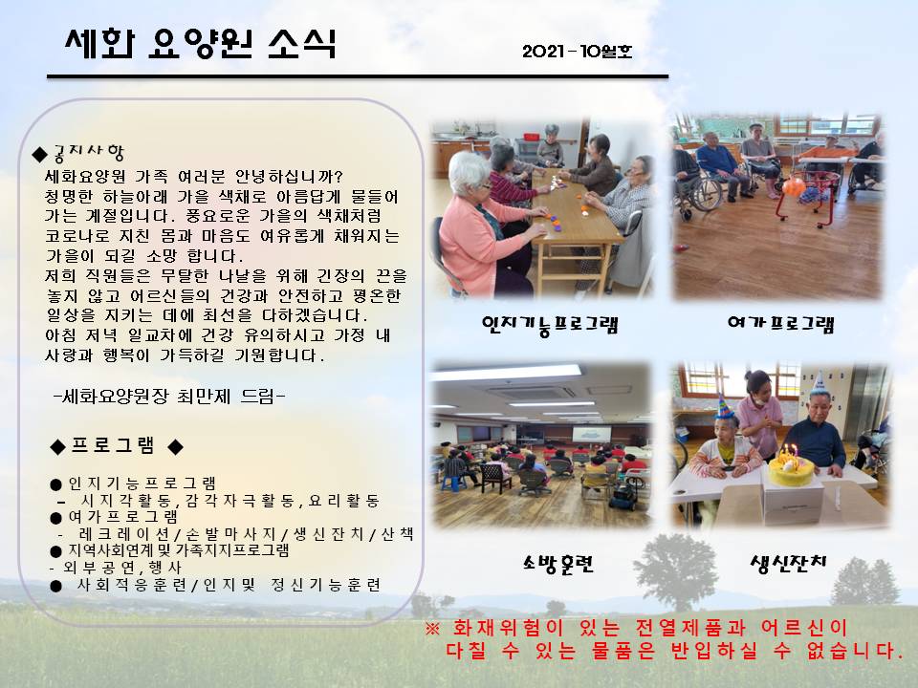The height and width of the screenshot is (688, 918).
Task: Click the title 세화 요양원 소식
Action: click(200, 44)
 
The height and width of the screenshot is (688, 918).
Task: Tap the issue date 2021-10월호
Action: click(578, 52)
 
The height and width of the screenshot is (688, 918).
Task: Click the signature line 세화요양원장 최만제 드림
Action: click(168, 397)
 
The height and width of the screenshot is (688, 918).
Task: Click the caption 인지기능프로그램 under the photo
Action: click(550, 325)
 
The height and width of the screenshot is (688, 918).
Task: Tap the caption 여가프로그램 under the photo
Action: click(780, 324)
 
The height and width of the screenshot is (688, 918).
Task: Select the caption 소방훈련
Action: click(557, 564)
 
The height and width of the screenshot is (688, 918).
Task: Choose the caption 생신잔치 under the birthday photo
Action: click(788, 564)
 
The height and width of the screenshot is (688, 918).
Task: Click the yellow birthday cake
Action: click(792, 471)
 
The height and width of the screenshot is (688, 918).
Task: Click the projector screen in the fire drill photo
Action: click(591, 434)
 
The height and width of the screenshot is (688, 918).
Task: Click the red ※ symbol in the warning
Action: click(431, 629)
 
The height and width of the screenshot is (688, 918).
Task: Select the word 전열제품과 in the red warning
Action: click(690, 629)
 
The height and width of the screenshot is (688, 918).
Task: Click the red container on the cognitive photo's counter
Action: click(532, 137)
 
